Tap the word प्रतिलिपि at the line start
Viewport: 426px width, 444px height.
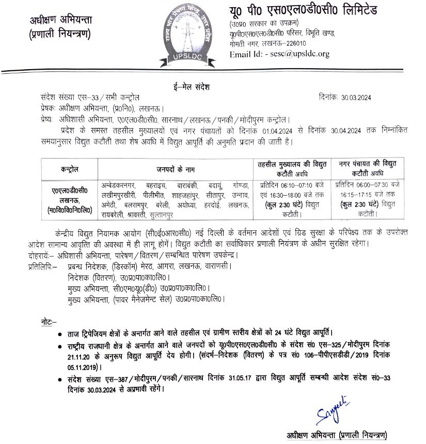[41, 266]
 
